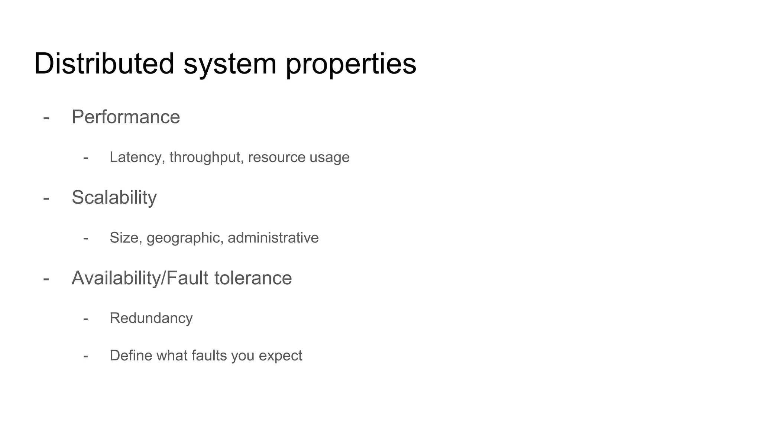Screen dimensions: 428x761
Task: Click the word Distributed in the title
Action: click(x=104, y=64)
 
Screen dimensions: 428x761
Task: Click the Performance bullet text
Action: click(x=126, y=117)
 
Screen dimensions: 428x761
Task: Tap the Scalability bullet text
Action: click(x=114, y=197)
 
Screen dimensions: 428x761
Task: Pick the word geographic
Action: click(x=185, y=238)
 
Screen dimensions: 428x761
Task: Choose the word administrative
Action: click(x=273, y=238)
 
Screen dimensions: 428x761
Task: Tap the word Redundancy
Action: click(x=151, y=318)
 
